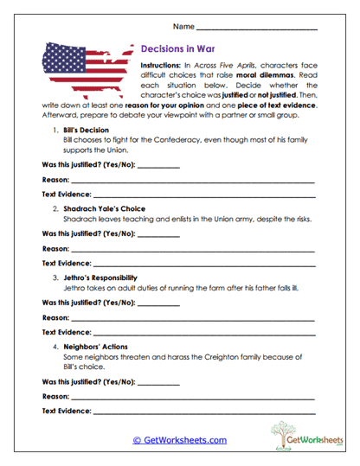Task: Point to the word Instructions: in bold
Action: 167,66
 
